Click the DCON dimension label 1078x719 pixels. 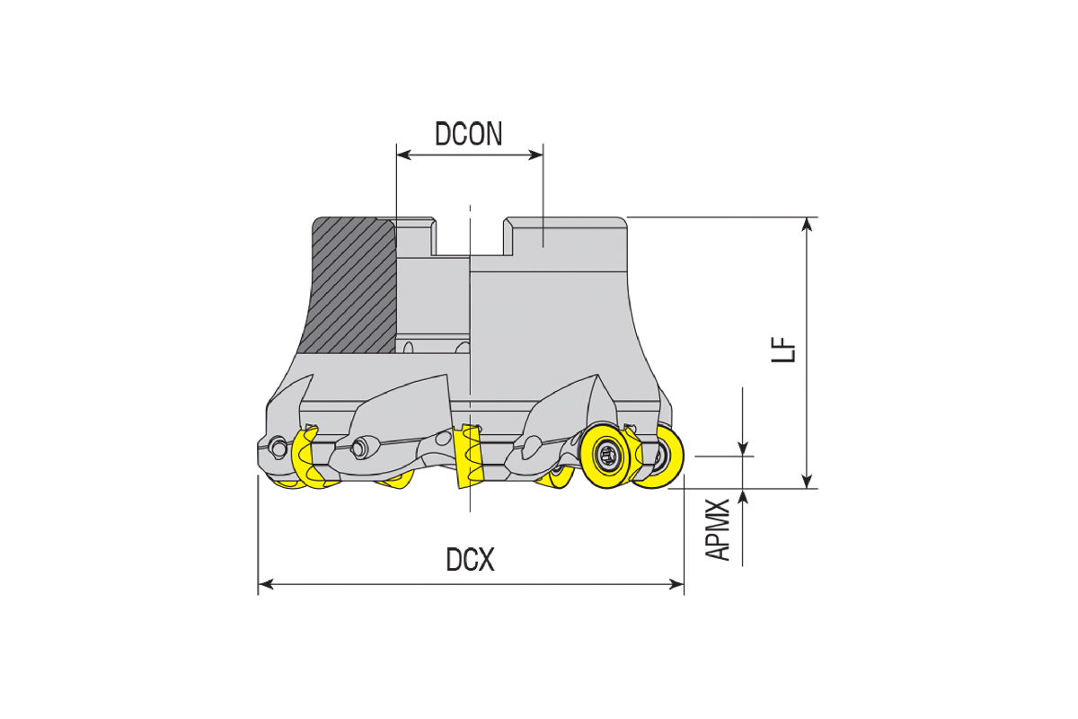tap(468, 133)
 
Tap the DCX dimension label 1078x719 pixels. tap(470, 560)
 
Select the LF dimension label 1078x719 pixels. tap(783, 349)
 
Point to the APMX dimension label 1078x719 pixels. tap(718, 530)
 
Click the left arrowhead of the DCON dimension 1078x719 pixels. tap(403, 155)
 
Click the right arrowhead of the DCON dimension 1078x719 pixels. tap(535, 155)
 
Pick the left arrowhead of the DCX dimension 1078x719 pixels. tap(266, 585)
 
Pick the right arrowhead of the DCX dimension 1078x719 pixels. tap(676, 585)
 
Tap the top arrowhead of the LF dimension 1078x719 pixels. tap(808, 225)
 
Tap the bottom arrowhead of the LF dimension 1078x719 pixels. tap(808, 481)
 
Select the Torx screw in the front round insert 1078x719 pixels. tap(605, 455)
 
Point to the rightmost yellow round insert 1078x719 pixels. tap(659, 456)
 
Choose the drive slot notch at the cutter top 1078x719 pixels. tap(470, 236)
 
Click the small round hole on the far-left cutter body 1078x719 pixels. tap(278, 446)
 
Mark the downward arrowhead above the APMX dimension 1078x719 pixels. tap(743, 448)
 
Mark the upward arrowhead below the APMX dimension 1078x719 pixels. tap(743, 496)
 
